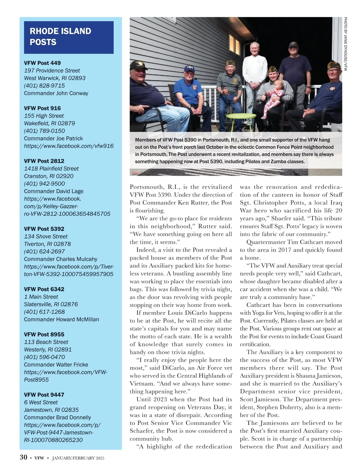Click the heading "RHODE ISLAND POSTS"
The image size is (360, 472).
[x=60, y=37]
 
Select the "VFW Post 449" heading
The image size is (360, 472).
[x=42, y=63]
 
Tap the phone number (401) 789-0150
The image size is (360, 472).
[x=44, y=131]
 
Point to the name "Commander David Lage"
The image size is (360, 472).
[x=54, y=191]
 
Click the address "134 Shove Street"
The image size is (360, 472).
[x=46, y=236]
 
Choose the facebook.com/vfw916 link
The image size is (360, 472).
[x=69, y=146]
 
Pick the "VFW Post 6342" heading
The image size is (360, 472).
[x=44, y=289]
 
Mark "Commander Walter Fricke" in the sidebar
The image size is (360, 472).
[x=56, y=365]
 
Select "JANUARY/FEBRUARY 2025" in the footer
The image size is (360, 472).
[x=78, y=458]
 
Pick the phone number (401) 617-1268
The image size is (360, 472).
[x=44, y=312]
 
